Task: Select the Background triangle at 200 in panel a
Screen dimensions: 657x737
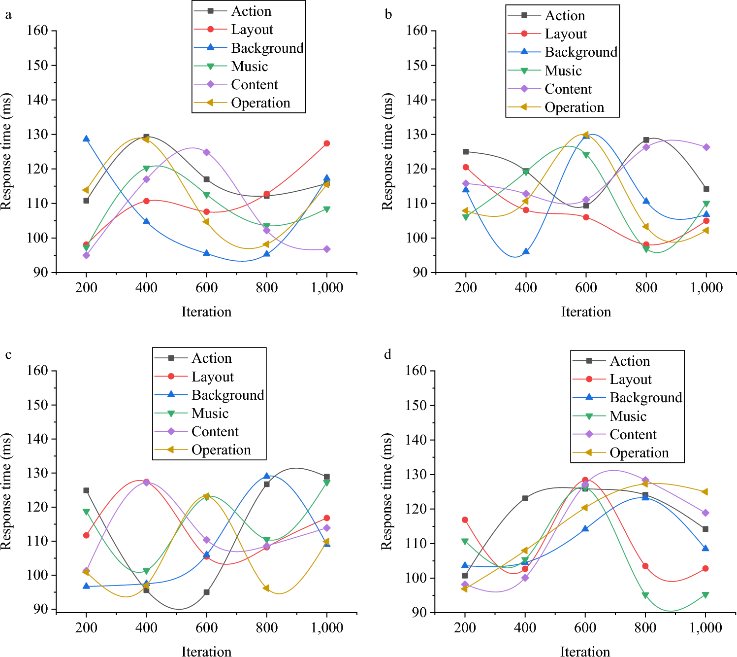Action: [x=86, y=139]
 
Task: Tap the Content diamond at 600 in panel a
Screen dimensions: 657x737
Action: [x=207, y=152]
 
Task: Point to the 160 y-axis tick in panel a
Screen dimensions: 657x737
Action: [x=37, y=31]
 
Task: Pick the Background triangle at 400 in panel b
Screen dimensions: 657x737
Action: [x=526, y=251]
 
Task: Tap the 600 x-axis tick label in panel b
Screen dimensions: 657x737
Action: [x=586, y=288]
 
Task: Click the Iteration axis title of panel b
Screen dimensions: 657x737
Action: [x=586, y=311]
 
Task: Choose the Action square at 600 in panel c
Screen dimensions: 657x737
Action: [x=207, y=592]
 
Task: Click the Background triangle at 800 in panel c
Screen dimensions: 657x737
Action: [x=267, y=476]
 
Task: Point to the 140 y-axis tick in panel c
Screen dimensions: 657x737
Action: [x=37, y=439]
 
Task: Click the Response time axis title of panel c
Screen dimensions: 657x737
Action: [x=6, y=491]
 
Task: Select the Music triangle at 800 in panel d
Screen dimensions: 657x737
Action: [x=645, y=595]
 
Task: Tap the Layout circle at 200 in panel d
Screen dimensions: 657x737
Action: [x=465, y=519]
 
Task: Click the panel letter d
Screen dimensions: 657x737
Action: [x=388, y=354]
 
